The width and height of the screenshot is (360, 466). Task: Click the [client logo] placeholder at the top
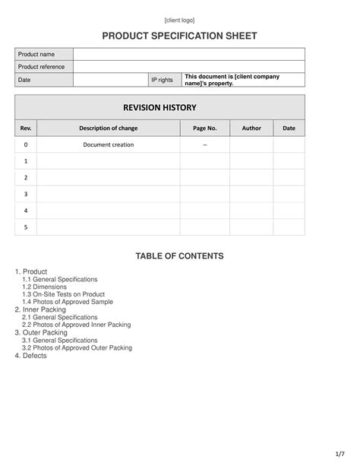tap(180, 20)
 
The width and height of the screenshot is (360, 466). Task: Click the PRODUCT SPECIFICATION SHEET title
tap(180, 36)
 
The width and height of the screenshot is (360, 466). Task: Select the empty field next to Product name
tap(189, 54)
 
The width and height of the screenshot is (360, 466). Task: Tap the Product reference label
tap(42, 67)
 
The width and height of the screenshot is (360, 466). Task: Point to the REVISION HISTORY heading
tap(160, 107)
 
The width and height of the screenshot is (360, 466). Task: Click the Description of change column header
tap(109, 128)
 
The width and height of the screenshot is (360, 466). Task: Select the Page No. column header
tap(205, 128)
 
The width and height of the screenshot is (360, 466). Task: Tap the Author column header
tap(251, 128)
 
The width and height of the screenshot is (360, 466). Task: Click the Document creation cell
tap(109, 144)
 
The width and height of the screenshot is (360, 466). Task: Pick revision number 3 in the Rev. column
tap(26, 194)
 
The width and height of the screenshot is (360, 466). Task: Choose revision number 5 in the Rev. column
tap(26, 227)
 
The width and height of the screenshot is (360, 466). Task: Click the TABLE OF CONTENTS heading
tap(180, 256)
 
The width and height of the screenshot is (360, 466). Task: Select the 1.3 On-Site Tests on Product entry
tap(64, 294)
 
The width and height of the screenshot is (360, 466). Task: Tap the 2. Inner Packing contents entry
tap(40, 309)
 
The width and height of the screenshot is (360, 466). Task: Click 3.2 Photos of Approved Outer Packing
tap(77, 347)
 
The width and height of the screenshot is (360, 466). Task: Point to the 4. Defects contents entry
tap(31, 355)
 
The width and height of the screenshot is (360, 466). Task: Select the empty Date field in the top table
tap(111, 80)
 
